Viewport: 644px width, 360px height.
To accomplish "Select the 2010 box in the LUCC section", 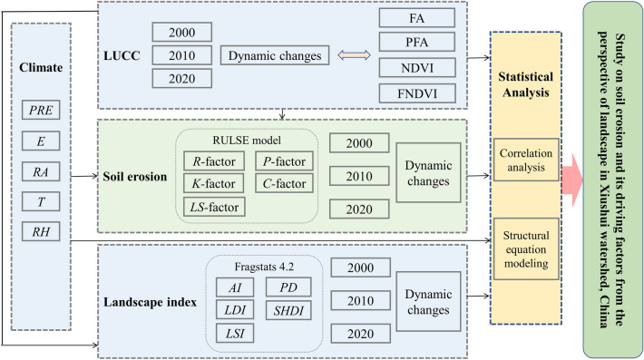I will [x=182, y=56].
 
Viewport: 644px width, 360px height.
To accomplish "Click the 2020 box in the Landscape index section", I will [x=360, y=334].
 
